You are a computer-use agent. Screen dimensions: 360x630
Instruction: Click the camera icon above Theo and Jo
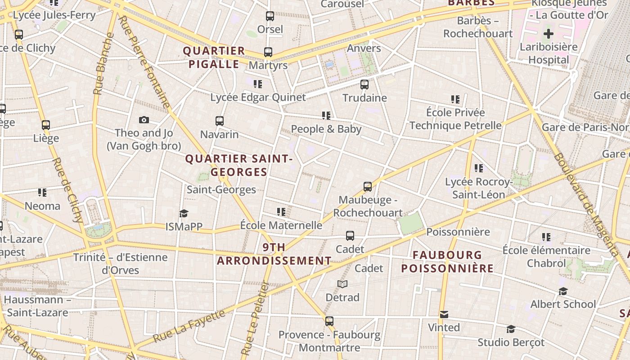click(144, 120)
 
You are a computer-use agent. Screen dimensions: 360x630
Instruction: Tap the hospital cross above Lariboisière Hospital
click(548, 34)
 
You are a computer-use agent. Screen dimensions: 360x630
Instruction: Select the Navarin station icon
click(220, 121)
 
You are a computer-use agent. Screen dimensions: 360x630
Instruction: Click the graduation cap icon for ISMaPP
click(184, 213)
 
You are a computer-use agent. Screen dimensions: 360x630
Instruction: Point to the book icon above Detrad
click(342, 284)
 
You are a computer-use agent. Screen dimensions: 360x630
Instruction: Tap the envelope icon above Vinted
click(444, 315)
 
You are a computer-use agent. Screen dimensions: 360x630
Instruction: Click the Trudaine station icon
click(364, 84)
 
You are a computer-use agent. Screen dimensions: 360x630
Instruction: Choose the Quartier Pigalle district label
click(214, 58)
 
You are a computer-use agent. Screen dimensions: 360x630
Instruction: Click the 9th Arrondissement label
click(274, 254)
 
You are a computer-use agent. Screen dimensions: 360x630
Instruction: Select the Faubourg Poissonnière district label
click(447, 262)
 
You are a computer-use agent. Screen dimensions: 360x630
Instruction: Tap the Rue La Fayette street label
click(189, 326)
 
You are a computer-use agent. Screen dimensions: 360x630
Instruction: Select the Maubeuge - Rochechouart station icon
click(368, 187)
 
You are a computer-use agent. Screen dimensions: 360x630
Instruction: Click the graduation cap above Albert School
click(563, 291)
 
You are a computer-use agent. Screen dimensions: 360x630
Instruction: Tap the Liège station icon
click(46, 125)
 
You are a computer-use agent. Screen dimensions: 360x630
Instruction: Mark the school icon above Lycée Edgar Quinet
click(258, 84)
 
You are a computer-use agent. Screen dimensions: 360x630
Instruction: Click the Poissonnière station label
click(458, 232)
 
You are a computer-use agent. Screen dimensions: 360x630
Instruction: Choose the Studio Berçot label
click(511, 342)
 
